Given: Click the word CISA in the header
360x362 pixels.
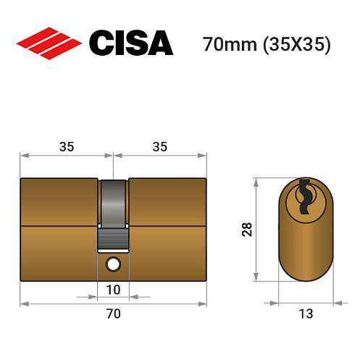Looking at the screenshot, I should (131, 43).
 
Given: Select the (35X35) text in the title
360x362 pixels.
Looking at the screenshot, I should (296, 45).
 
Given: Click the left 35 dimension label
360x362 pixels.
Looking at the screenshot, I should (66, 146).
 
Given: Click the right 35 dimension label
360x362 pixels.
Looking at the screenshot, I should (160, 146).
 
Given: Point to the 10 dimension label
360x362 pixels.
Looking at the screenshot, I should (113, 290).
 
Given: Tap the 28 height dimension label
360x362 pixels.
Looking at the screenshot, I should (246, 230).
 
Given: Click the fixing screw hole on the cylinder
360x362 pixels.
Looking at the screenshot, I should (113, 264).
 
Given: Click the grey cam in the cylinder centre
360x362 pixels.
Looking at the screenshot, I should (114, 214).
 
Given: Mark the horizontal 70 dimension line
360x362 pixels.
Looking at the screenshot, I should (72, 303).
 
